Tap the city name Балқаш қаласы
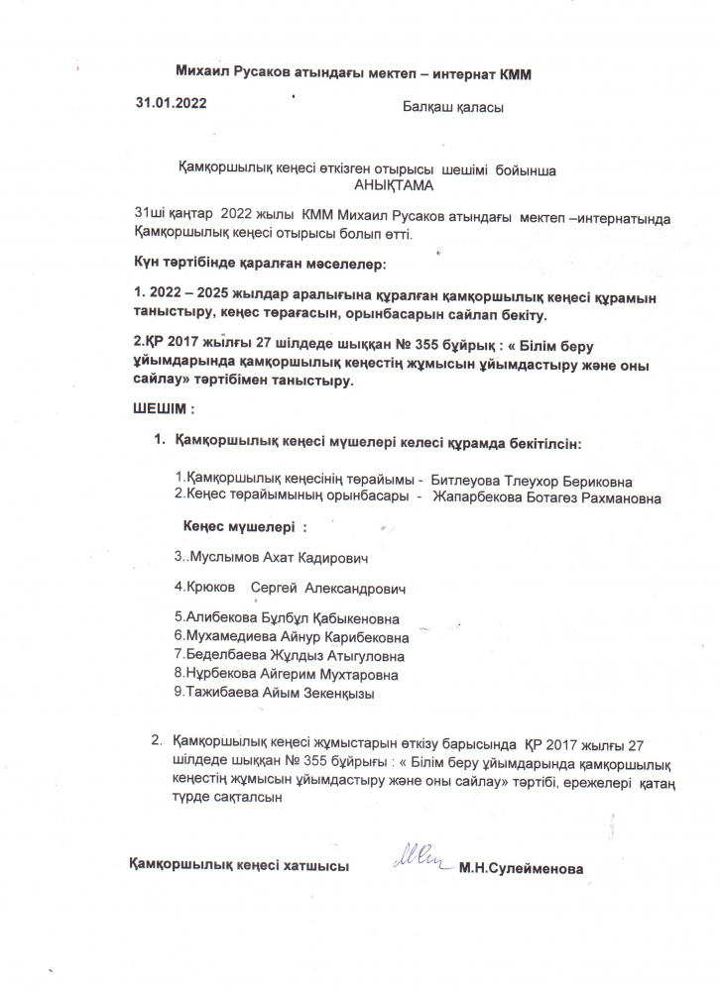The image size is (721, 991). pos(453,107)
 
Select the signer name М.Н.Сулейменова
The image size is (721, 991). pos(521,870)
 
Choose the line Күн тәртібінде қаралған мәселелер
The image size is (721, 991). pos(259,266)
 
